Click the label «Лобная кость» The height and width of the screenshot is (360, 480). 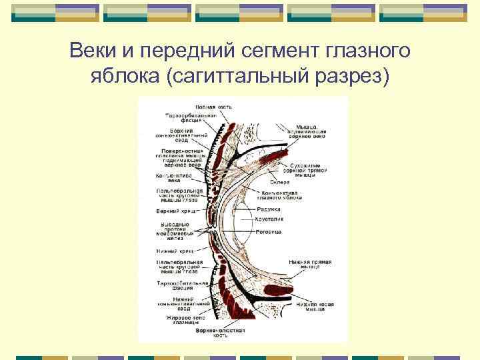pos(213,107)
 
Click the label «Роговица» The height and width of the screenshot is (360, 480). pos(270,231)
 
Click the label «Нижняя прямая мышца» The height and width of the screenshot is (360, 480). pos(306,265)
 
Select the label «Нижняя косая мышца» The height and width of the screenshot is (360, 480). pos(315,307)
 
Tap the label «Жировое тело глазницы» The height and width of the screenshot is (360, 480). pos(175,321)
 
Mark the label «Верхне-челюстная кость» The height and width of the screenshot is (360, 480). pos(220,333)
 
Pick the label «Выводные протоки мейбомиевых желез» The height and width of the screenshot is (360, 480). pos(175,229)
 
